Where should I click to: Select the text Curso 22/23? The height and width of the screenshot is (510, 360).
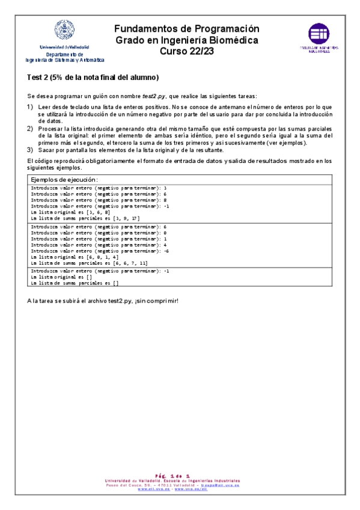186,51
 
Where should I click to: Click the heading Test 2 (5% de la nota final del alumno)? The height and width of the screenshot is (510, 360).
93,78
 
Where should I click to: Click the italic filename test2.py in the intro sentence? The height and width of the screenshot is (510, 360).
154,96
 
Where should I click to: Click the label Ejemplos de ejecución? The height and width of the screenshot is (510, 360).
64,180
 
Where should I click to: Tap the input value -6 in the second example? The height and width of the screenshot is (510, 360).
166,251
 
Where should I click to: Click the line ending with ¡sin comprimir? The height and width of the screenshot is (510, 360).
103,300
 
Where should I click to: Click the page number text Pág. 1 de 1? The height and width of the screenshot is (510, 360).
172,476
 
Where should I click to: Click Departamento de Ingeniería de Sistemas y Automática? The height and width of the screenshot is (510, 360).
64,57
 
